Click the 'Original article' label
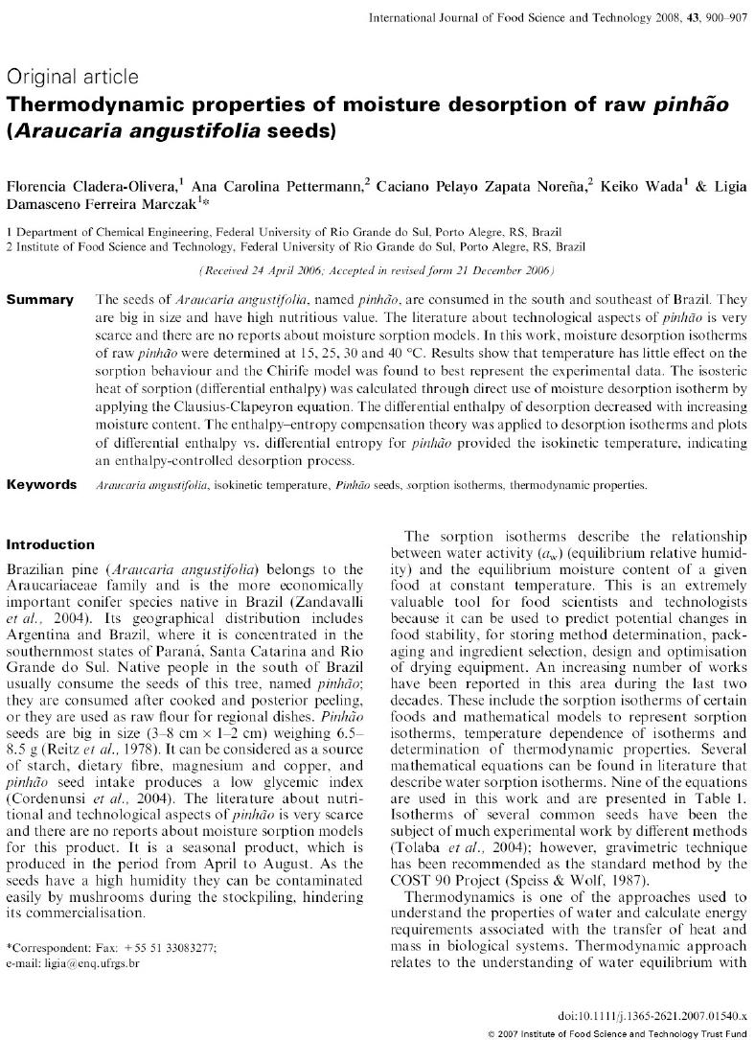(72, 77)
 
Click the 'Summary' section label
(39, 300)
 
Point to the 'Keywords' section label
(41, 484)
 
